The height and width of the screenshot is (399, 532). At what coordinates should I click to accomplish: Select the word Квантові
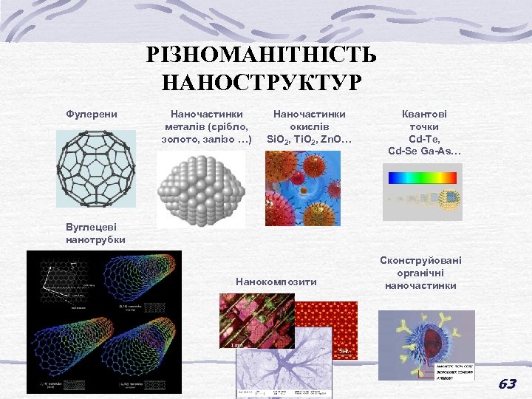424,115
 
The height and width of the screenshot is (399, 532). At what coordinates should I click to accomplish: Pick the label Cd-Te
424,139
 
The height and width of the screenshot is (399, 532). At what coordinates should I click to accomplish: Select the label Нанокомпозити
276,282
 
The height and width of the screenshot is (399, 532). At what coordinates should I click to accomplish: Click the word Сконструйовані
420,260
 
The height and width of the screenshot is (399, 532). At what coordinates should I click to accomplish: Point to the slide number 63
507,383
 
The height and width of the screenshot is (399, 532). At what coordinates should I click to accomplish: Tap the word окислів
310,126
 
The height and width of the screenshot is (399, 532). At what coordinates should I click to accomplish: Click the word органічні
420,273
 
